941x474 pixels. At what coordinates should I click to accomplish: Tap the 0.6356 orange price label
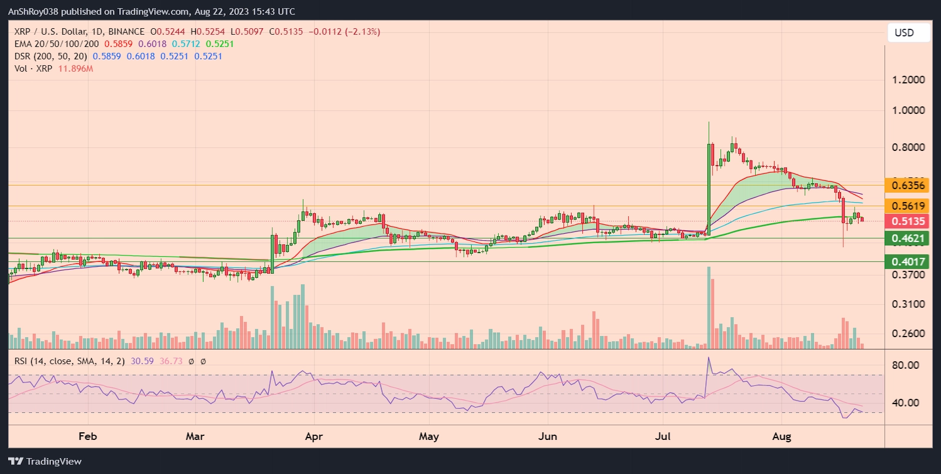click(907, 186)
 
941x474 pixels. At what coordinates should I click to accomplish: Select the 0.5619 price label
click(907, 206)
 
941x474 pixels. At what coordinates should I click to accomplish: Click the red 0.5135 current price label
click(907, 221)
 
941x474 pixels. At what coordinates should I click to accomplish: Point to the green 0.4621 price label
click(907, 238)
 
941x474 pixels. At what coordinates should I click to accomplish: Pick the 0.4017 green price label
click(907, 262)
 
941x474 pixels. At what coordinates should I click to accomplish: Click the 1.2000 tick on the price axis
click(908, 80)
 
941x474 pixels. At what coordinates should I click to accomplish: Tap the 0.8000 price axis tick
click(908, 147)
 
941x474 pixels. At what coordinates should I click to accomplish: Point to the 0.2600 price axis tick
click(908, 334)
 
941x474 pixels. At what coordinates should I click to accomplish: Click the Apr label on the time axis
click(314, 436)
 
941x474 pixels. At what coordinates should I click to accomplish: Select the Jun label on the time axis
click(548, 436)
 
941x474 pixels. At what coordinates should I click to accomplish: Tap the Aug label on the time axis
click(782, 436)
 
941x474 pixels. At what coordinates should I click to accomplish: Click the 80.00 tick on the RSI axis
click(905, 365)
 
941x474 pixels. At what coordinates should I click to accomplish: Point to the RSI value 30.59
click(142, 361)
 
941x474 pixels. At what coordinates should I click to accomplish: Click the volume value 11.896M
click(76, 69)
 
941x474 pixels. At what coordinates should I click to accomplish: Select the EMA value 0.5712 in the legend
click(186, 44)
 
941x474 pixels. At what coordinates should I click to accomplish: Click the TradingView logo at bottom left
click(45, 461)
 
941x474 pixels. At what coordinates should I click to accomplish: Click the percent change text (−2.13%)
click(362, 32)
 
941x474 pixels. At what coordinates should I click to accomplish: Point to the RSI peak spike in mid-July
click(709, 358)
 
